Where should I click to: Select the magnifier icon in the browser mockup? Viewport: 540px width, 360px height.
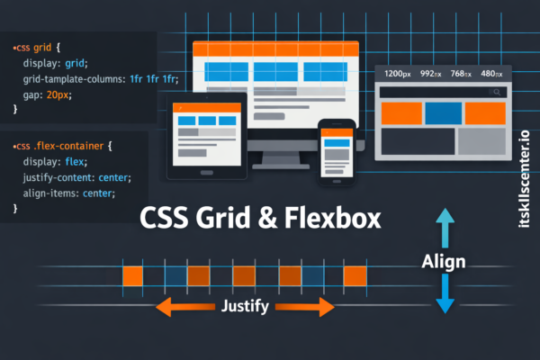click(495, 92)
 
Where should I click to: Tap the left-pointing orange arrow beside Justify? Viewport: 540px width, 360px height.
click(180, 306)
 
